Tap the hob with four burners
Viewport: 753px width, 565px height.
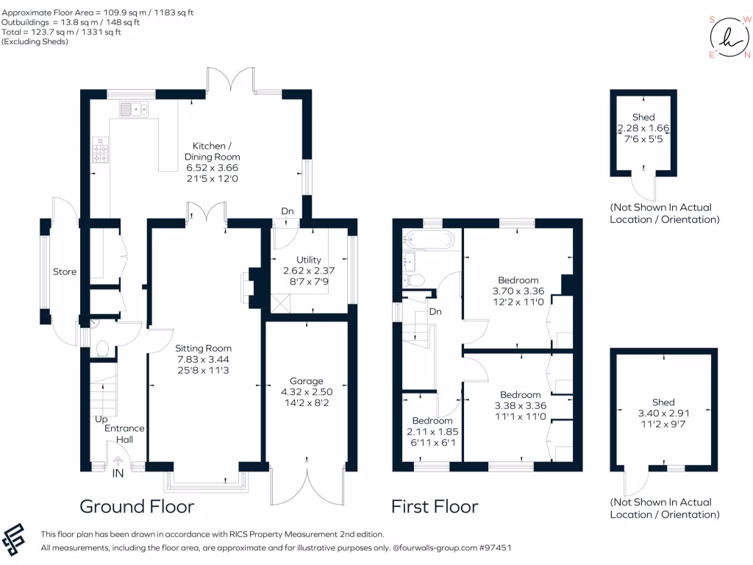[100, 149]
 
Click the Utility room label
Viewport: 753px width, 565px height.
[309, 260]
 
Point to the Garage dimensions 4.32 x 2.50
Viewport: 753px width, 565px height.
[306, 393]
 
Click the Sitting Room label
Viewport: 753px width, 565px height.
[204, 348]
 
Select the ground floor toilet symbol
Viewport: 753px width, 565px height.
[101, 348]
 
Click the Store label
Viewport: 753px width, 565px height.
[65, 272]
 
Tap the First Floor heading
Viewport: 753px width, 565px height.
[434, 506]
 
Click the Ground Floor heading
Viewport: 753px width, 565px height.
[137, 506]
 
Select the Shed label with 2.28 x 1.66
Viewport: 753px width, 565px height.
[643, 118]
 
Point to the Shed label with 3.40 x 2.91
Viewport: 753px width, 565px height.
[663, 402]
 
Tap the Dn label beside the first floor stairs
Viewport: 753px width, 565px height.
[435, 312]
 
